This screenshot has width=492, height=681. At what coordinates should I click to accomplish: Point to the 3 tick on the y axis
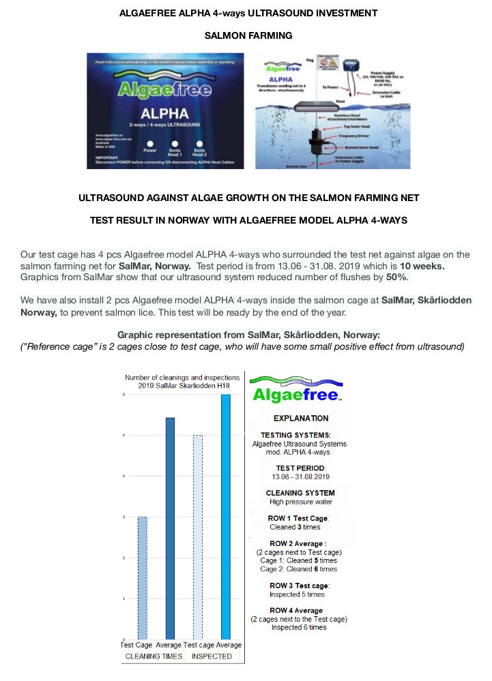point(124,517)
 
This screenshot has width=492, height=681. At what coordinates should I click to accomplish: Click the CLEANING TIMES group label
point(155,656)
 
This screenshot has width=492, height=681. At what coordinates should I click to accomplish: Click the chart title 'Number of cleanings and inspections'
point(182,377)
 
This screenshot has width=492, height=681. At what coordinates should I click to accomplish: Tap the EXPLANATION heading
point(300,418)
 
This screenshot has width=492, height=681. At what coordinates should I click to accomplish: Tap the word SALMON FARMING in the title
point(248,35)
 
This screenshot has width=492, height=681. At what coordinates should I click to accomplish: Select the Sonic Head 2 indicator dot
point(199,143)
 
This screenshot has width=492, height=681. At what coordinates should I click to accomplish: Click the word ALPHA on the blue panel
point(163,113)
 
